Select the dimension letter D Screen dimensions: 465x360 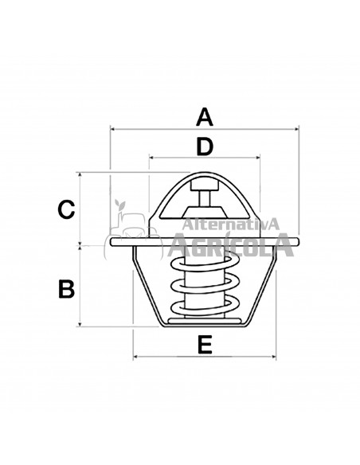[204, 147]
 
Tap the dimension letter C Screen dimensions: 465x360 [67, 209]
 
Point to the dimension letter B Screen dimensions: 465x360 [67, 288]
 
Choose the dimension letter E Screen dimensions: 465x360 [204, 345]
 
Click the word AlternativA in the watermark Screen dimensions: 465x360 [230, 225]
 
